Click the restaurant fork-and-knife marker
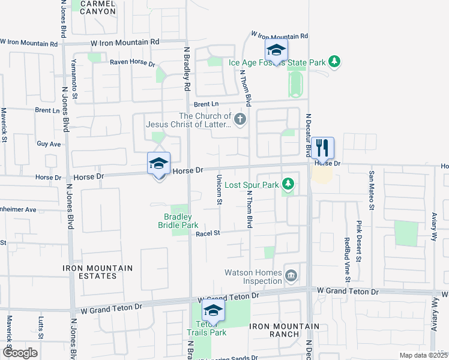(x=322, y=147)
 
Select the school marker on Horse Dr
(x=159, y=163)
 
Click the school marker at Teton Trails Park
(x=212, y=311)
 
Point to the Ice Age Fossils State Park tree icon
(x=335, y=61)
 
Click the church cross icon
(x=240, y=119)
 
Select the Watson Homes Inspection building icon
(x=292, y=275)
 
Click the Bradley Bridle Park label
(x=178, y=221)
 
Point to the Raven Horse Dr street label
(x=132, y=63)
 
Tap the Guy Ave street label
(x=49, y=144)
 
